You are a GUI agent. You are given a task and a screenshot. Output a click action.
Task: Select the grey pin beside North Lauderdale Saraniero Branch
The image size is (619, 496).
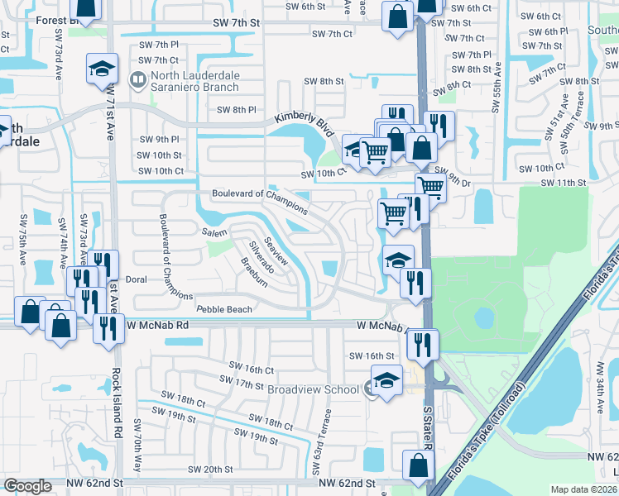138,80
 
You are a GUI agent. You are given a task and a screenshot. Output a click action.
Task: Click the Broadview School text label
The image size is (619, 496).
313,389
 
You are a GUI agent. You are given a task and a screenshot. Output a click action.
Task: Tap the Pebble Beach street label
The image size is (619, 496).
223,309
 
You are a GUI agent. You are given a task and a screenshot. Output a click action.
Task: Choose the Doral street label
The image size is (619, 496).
136,279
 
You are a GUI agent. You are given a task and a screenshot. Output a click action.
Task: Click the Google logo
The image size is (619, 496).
27,486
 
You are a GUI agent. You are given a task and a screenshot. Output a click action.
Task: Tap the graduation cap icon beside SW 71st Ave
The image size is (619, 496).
103,69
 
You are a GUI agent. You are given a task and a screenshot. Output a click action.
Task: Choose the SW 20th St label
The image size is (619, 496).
210,470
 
